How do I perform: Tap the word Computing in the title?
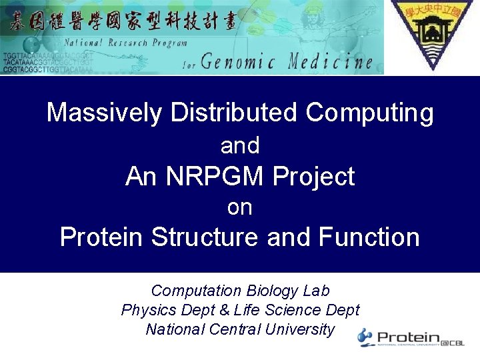pyautogui.click(x=369, y=113)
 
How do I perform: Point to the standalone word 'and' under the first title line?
pyautogui.click(x=240, y=145)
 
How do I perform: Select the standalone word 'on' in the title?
pyautogui.click(x=240, y=207)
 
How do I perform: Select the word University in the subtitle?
pyautogui.click(x=299, y=329)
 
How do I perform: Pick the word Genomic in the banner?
pyautogui.click(x=239, y=63)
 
